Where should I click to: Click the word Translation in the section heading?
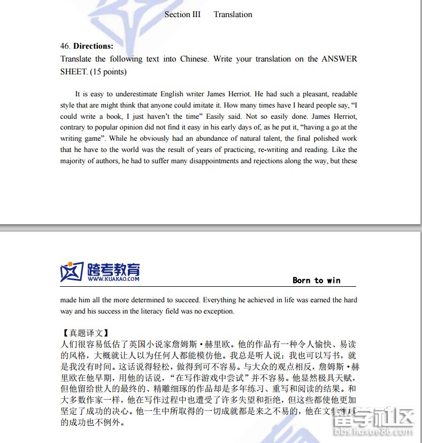233,14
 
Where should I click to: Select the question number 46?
65,46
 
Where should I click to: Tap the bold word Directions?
93,46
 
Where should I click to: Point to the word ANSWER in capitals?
339,59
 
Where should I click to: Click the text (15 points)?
108,72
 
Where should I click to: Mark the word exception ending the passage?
218,311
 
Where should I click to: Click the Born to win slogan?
316,280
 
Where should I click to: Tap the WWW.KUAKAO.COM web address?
113,279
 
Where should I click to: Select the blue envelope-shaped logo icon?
72,271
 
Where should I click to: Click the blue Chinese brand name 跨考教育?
113,269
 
